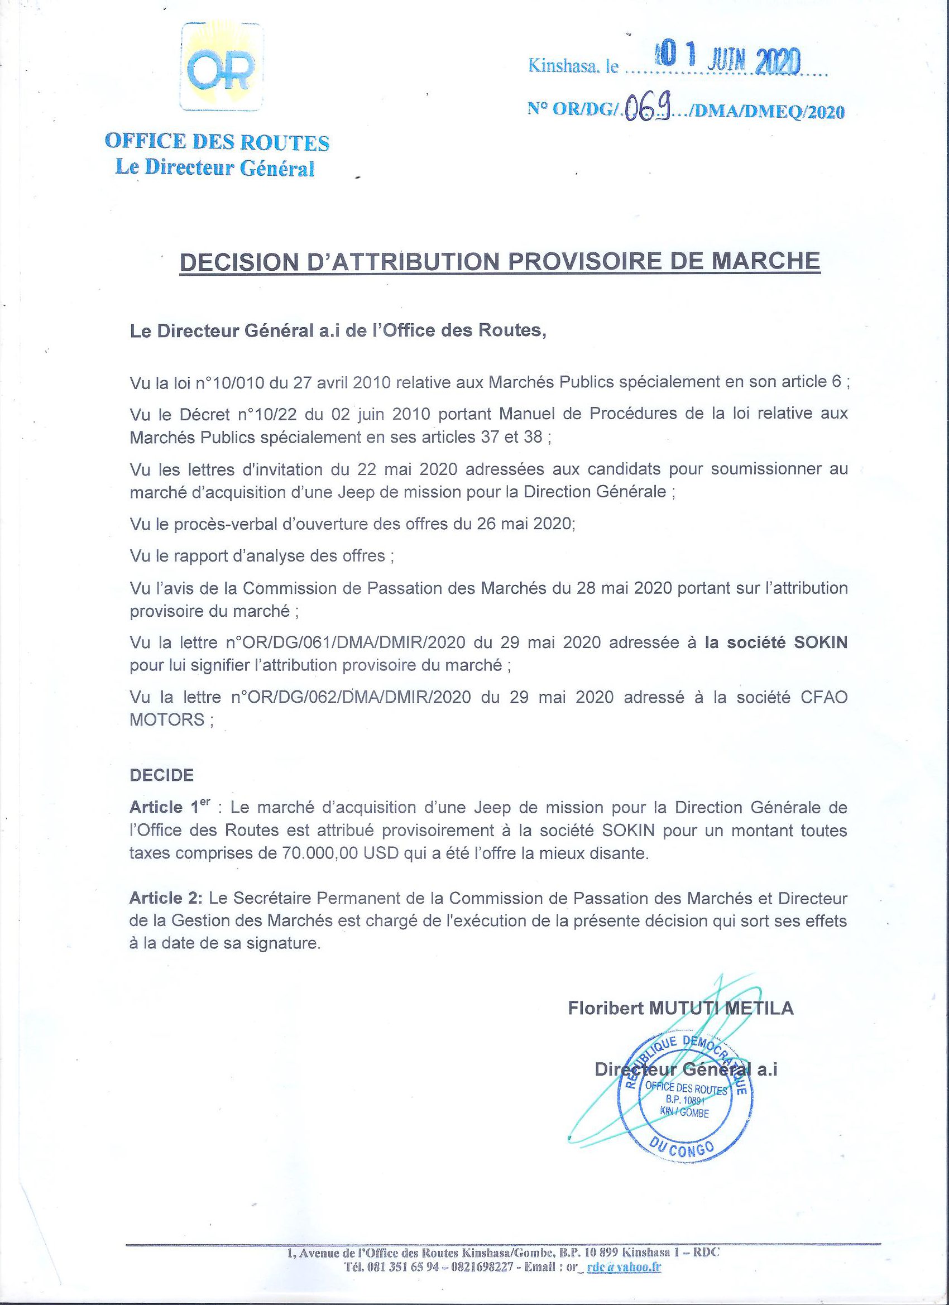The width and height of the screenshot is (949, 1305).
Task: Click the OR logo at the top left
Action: point(221,68)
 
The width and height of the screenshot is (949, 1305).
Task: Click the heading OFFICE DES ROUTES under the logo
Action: point(217,142)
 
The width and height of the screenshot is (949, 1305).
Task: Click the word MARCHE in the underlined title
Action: point(765,261)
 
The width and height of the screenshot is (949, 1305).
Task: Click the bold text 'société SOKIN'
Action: point(777,642)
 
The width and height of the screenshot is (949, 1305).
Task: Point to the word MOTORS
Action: point(167,720)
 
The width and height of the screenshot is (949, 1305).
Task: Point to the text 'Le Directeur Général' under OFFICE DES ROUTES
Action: point(215,167)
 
